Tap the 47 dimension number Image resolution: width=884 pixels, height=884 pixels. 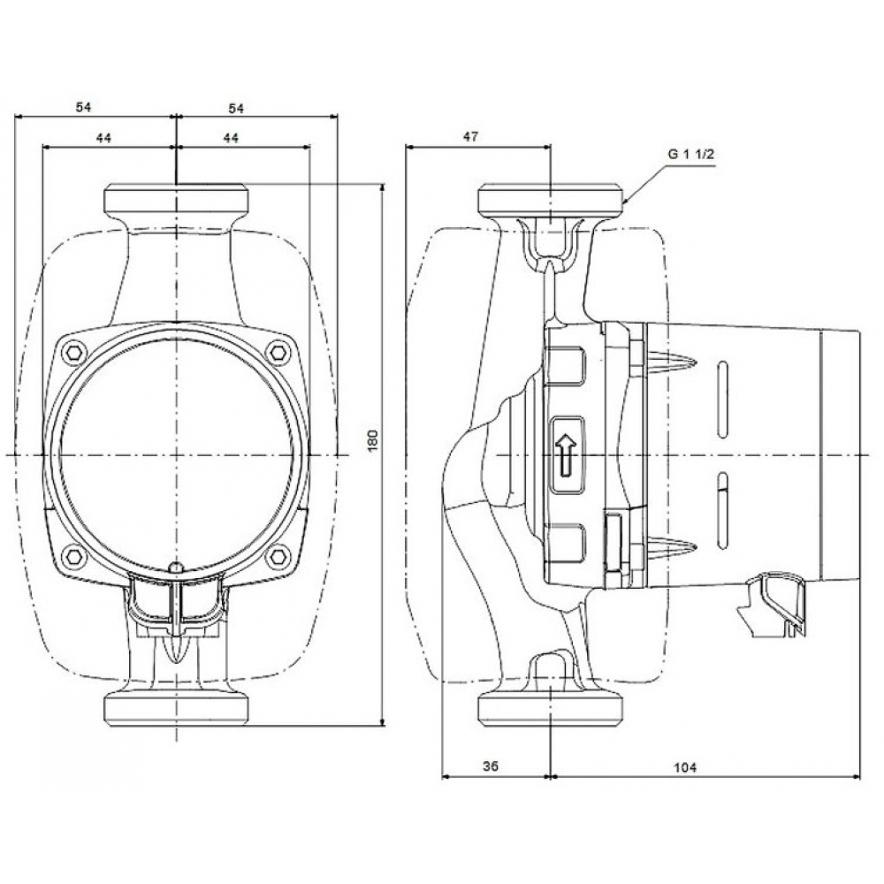[470, 136]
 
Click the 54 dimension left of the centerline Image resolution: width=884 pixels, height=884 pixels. [83, 107]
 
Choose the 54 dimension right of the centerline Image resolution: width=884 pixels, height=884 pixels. [236, 107]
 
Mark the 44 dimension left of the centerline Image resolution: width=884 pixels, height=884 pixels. [104, 137]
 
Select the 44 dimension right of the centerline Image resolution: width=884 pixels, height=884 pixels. [232, 137]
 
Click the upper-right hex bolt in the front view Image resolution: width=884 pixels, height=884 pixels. [280, 352]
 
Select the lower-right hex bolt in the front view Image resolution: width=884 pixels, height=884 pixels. [280, 557]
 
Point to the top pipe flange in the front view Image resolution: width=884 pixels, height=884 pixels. [177, 199]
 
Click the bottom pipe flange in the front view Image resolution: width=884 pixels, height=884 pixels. [177, 706]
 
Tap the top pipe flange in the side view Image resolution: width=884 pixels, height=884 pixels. [551, 199]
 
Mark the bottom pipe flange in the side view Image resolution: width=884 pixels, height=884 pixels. [551, 706]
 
